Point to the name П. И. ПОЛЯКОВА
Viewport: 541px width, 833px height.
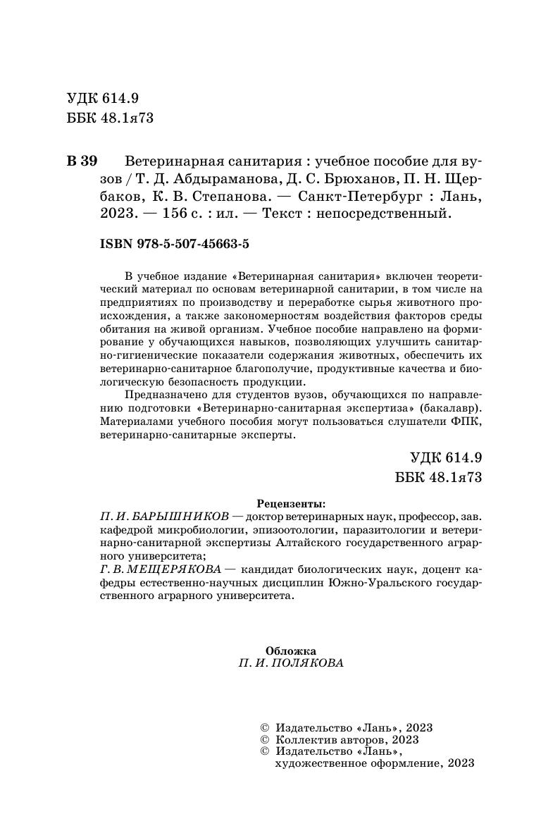click(x=292, y=664)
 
